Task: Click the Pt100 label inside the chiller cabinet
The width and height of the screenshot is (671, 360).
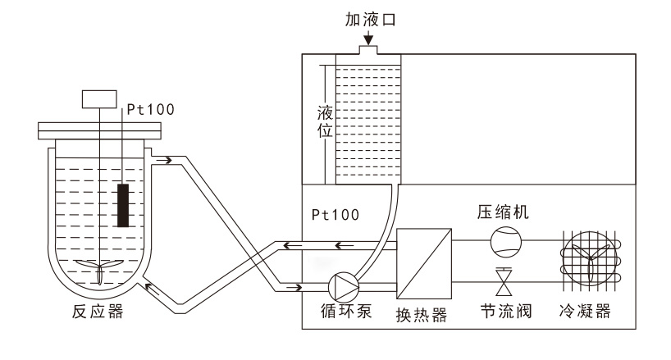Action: [x=334, y=214]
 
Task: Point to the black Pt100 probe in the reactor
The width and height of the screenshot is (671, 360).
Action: [x=123, y=205]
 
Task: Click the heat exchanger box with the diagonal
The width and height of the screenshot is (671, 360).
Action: [x=424, y=263]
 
